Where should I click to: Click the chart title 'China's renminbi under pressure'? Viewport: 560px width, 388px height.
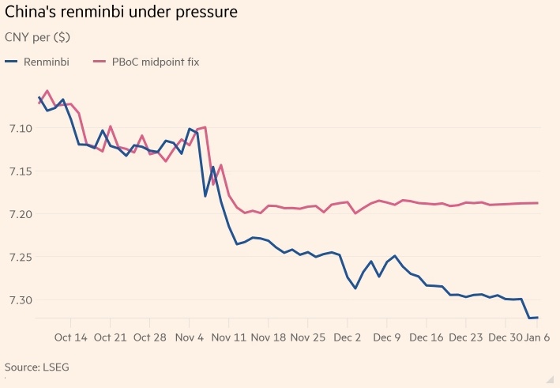click(121, 14)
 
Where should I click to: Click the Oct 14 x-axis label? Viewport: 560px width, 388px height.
click(71, 337)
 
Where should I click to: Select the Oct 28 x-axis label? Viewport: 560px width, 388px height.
click(149, 337)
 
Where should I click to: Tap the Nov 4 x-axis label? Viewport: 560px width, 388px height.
click(189, 337)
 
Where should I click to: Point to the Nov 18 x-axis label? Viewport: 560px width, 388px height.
click(268, 337)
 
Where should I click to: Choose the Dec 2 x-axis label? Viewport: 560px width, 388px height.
click(347, 337)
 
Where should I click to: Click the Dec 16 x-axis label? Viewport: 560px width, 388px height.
click(426, 337)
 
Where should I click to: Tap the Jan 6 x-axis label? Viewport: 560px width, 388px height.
click(539, 337)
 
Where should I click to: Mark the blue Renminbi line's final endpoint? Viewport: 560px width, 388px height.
click(538, 318)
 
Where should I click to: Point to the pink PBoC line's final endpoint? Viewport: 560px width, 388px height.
click(538, 203)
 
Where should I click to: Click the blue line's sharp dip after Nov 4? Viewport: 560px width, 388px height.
click(205, 196)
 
